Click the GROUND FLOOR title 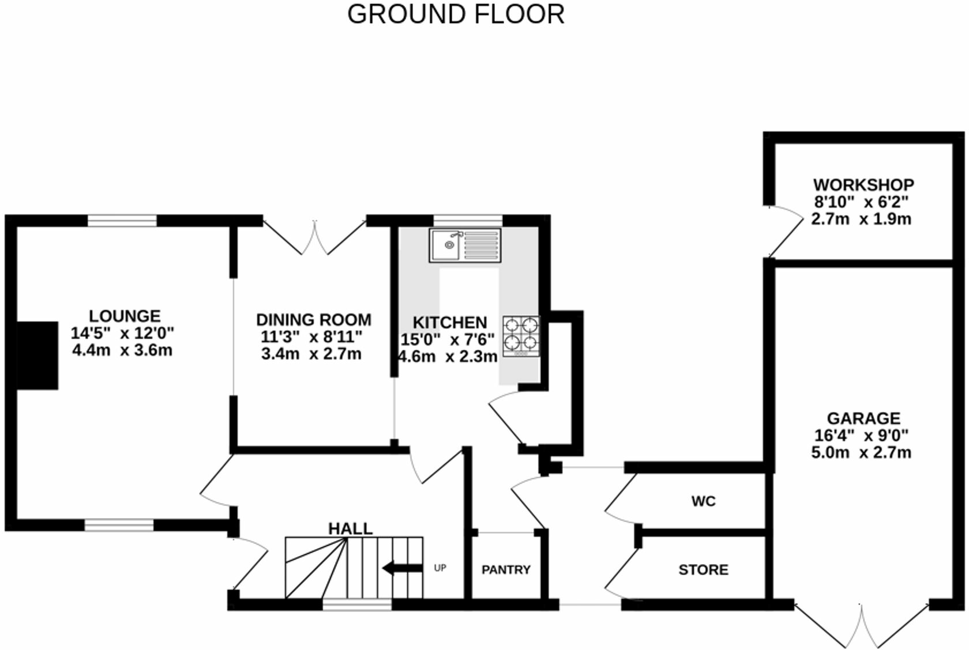point(456,14)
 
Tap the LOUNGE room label point(125,316)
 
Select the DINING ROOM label point(313,320)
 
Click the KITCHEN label point(449,322)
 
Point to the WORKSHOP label point(863,185)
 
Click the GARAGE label point(863,418)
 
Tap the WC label point(703,501)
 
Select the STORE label point(703,570)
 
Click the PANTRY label point(506,570)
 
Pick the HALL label point(350,528)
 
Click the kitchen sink point(464,245)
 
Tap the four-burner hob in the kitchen point(521,336)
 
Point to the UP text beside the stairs point(440,568)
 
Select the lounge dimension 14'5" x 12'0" point(122,332)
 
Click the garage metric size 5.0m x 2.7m point(861,452)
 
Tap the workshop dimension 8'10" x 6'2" point(861,202)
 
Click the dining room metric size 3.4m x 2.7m point(311,353)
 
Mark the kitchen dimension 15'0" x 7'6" point(448,339)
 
